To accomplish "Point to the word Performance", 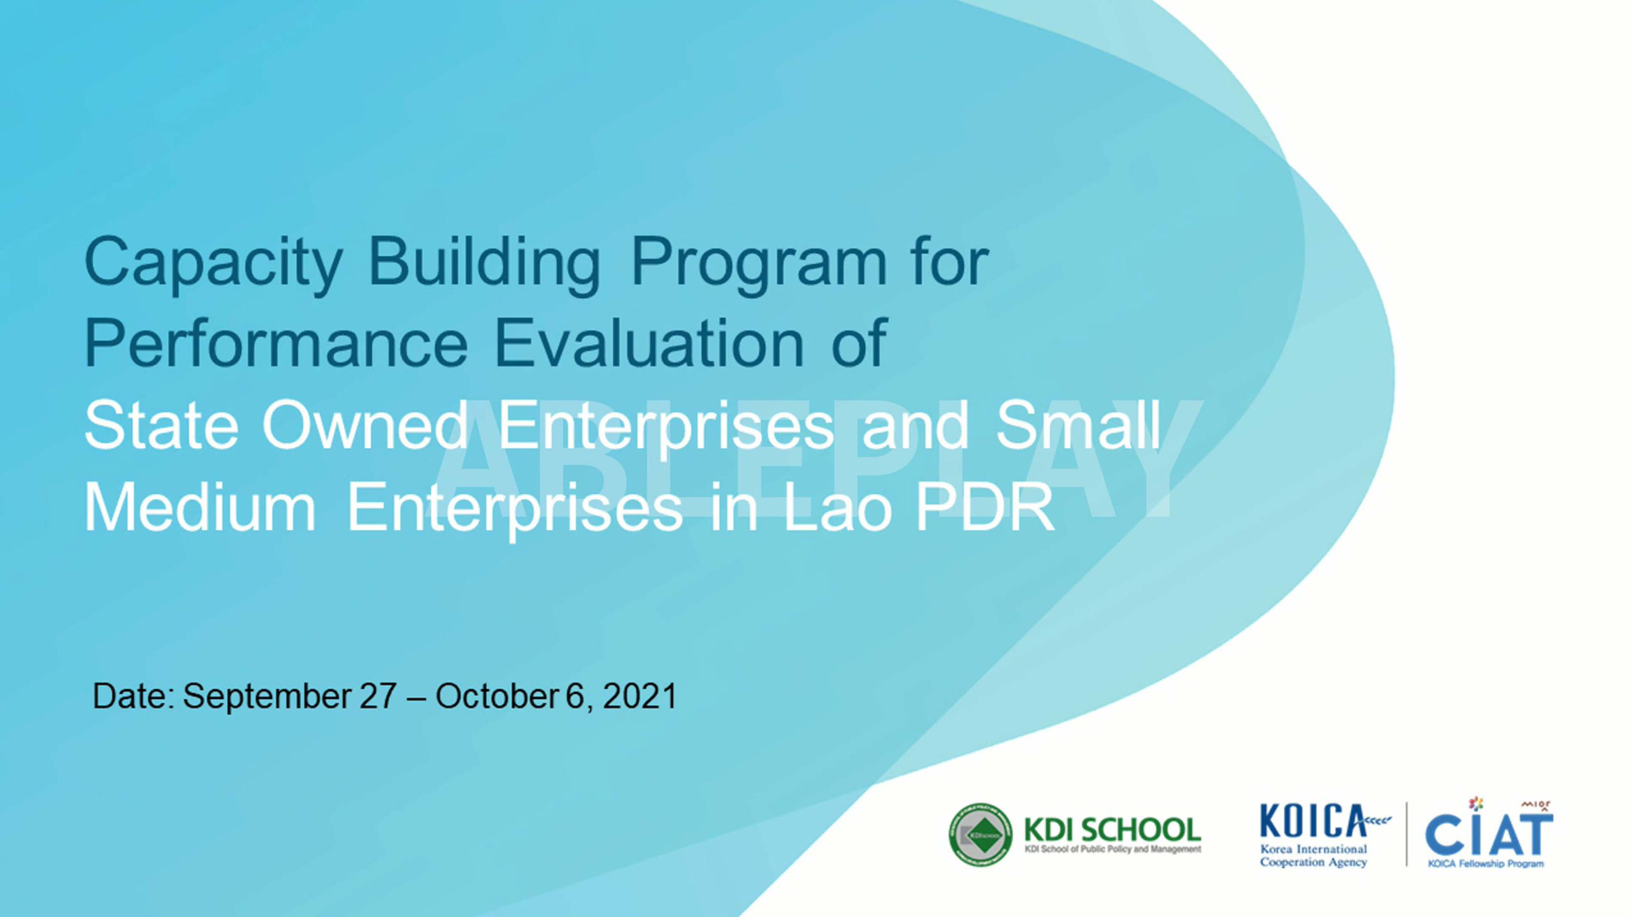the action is (276, 343).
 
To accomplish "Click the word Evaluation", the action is (649, 343).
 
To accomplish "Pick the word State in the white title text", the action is (161, 425).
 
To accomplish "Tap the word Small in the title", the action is (1078, 425).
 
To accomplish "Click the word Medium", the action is (200, 507).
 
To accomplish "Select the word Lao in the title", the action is (837, 507).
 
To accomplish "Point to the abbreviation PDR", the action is (985, 507).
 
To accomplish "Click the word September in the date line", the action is (267, 697).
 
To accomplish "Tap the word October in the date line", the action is (498, 696).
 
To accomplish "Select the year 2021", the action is (640, 696).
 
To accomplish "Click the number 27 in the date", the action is (378, 696).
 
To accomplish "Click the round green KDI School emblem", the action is (981, 834).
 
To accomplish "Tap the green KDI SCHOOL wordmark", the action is (1112, 830).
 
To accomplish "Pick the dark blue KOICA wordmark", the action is (1313, 821).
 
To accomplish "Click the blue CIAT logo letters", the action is (1489, 834).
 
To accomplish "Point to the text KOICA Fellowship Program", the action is (1486, 864).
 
